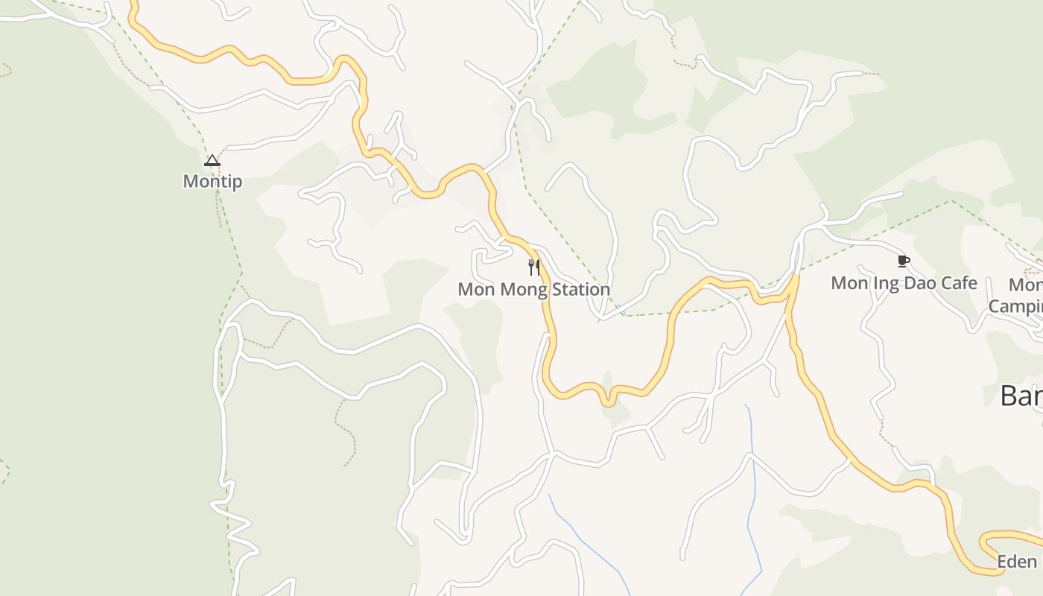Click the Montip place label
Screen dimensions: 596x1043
(212, 181)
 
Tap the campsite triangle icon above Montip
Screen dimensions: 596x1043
(212, 160)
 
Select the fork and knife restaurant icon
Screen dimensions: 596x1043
(533, 267)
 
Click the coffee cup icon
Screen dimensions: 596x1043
(904, 261)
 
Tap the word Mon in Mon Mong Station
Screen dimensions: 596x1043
(475, 289)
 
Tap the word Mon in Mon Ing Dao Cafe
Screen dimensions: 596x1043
(848, 283)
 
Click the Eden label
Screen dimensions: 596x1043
(1017, 562)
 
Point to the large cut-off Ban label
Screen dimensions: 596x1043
(1021, 396)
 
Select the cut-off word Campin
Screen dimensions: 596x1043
(1015, 306)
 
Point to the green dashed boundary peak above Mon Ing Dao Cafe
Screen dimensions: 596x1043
(951, 200)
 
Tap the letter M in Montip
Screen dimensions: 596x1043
(190, 181)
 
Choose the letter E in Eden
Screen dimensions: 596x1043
(1003, 562)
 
